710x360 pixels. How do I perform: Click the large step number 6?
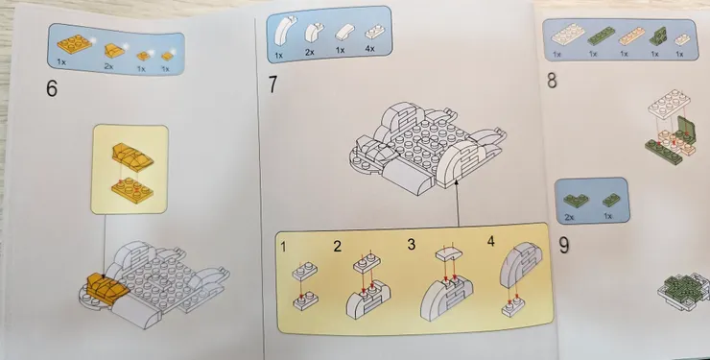pyautogui.click(x=52, y=88)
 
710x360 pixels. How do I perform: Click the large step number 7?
pyautogui.click(x=272, y=84)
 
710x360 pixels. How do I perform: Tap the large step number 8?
pyautogui.click(x=552, y=80)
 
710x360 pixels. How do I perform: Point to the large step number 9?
pyautogui.click(x=564, y=245)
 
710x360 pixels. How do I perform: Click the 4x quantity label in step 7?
pyautogui.click(x=370, y=48)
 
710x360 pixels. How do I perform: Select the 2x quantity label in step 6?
pyautogui.click(x=108, y=66)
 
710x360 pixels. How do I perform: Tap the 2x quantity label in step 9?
pyautogui.click(x=569, y=217)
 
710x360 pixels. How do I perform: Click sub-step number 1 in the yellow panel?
pyautogui.click(x=283, y=247)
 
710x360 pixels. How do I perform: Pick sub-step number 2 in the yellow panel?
pyautogui.click(x=338, y=247)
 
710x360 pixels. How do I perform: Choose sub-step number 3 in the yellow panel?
pyautogui.click(x=412, y=245)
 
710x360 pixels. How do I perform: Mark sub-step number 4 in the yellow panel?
pyautogui.click(x=491, y=241)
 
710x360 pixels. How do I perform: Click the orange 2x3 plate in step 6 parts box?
pyautogui.click(x=74, y=44)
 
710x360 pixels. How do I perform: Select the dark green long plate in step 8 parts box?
pyautogui.click(x=601, y=36)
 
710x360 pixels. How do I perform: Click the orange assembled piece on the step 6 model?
pyautogui.click(x=105, y=288)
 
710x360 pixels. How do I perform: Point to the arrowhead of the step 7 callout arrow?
pyautogui.click(x=457, y=181)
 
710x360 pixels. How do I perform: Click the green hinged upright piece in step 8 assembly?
pyautogui.click(x=686, y=129)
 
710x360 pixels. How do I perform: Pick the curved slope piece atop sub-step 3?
pyautogui.click(x=449, y=253)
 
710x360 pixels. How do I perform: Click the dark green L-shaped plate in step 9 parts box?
pyautogui.click(x=576, y=200)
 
